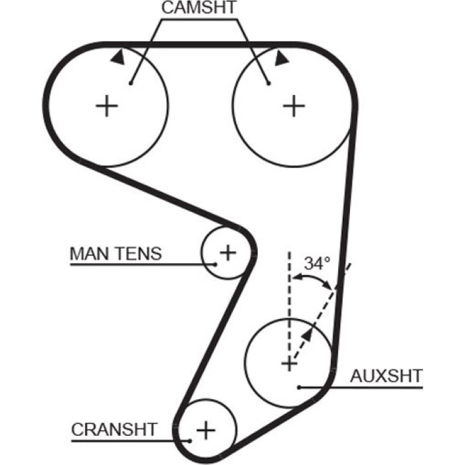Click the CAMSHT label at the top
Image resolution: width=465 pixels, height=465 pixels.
(x=199, y=7)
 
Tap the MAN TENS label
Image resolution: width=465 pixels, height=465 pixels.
(x=116, y=254)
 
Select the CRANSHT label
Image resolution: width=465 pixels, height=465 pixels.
(x=114, y=429)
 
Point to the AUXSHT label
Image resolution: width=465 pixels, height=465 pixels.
(x=387, y=376)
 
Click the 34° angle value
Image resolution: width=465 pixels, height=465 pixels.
(x=317, y=263)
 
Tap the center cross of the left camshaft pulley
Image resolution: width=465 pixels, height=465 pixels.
(x=107, y=106)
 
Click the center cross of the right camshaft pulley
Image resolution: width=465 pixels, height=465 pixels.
(x=294, y=106)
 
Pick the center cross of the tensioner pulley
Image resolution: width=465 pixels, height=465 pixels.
(x=228, y=253)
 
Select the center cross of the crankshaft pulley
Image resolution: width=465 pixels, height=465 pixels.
(x=206, y=430)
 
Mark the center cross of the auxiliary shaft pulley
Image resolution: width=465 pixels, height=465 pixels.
(x=289, y=363)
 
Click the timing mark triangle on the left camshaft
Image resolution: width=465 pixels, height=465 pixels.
(x=118, y=57)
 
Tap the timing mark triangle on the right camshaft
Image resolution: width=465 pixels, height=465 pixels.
(x=280, y=58)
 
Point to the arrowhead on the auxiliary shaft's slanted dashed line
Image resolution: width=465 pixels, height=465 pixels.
(x=308, y=335)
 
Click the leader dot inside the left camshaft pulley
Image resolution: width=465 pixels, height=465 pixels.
(x=131, y=84)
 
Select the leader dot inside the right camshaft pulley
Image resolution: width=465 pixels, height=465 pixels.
(x=268, y=84)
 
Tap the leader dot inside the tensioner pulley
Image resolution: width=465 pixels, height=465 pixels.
(x=216, y=264)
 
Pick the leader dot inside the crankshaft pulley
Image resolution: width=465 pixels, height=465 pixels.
(x=190, y=441)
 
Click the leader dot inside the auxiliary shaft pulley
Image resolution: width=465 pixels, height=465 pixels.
(x=300, y=387)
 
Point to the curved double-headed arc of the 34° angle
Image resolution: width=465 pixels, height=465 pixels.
(x=313, y=277)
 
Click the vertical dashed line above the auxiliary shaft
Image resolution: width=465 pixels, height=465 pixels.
(x=290, y=302)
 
